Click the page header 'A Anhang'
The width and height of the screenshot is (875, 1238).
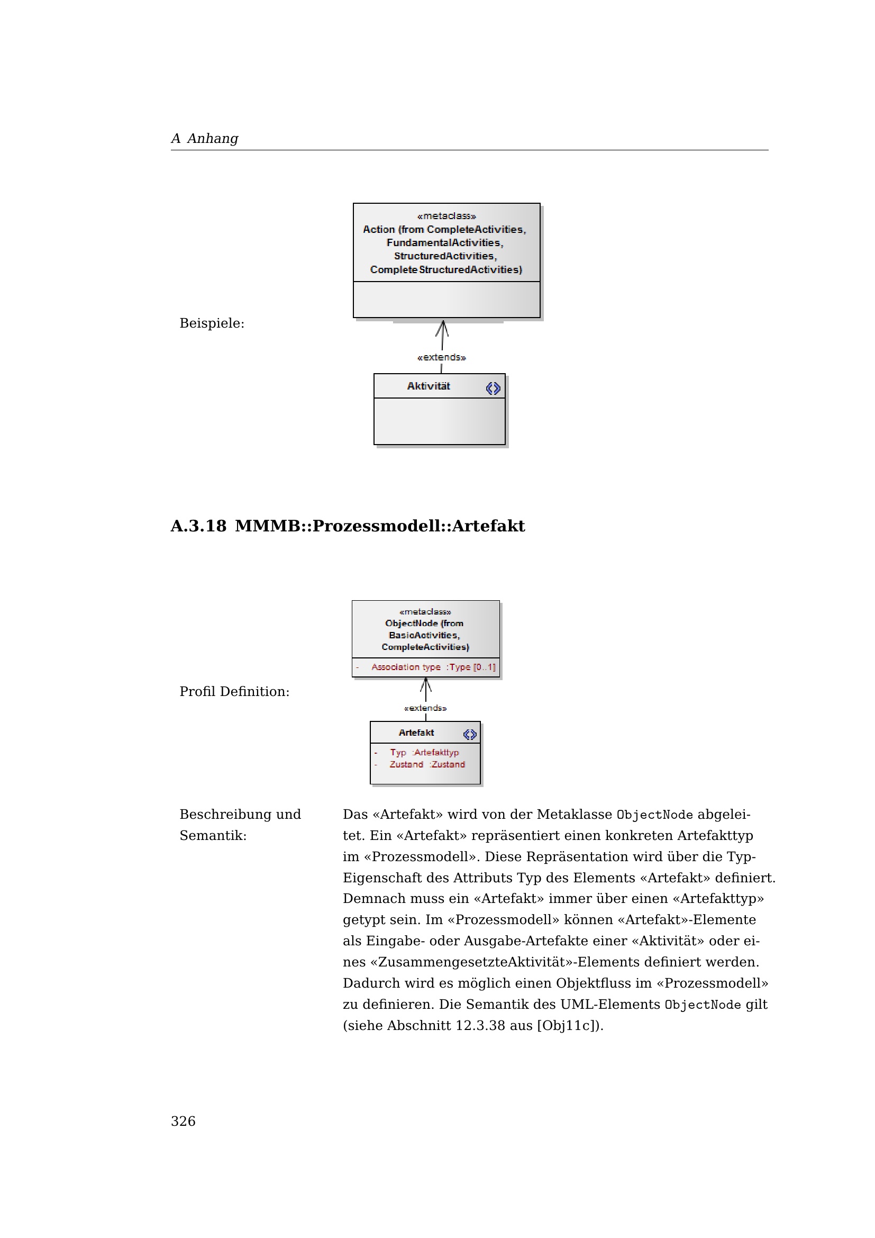(x=204, y=139)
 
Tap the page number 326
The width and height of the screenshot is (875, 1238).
(x=183, y=1121)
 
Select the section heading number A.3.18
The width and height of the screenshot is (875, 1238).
(x=198, y=526)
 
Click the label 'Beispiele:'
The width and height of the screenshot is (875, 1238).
(x=212, y=323)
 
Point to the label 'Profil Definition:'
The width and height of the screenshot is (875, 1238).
(x=234, y=691)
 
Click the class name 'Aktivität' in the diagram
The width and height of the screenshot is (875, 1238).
(x=429, y=386)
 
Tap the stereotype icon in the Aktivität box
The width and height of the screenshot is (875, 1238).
(x=493, y=388)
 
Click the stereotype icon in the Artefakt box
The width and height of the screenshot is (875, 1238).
(x=469, y=735)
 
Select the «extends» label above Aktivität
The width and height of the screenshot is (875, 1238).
(x=441, y=357)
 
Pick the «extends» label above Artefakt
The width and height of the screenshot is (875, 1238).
(x=425, y=708)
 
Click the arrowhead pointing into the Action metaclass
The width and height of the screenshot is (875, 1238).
(x=442, y=326)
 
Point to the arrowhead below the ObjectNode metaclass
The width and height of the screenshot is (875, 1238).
(x=426, y=684)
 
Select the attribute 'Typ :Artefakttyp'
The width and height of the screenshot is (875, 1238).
(x=424, y=752)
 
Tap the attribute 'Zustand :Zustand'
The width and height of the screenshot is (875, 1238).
(x=427, y=764)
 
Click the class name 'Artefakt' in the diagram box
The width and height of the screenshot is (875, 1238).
(x=416, y=733)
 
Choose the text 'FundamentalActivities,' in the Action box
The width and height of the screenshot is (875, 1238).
(x=444, y=242)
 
